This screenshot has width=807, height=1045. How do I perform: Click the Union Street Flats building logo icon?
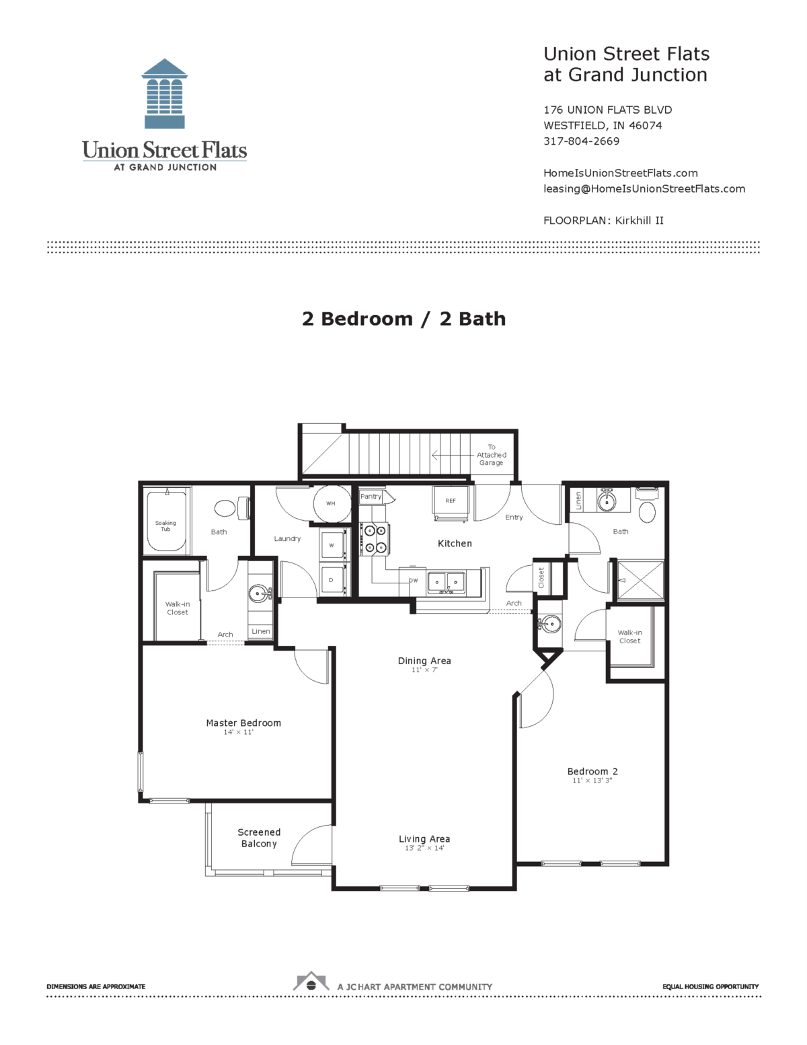pyautogui.click(x=165, y=94)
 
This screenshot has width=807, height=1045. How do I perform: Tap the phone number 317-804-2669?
pyautogui.click(x=581, y=141)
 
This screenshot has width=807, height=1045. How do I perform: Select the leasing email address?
pyautogui.click(x=644, y=189)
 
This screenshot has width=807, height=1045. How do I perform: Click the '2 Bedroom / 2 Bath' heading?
pyautogui.click(x=403, y=319)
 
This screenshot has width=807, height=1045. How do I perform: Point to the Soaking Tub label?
pyautogui.click(x=165, y=526)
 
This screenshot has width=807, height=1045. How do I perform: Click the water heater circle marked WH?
pyautogui.click(x=331, y=503)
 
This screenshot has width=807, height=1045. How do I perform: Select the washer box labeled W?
pyautogui.click(x=332, y=545)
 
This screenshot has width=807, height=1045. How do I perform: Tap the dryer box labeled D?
pyautogui.click(x=332, y=579)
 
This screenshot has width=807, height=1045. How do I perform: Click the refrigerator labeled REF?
pyautogui.click(x=451, y=501)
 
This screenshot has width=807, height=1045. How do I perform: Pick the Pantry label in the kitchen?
pyautogui.click(x=371, y=497)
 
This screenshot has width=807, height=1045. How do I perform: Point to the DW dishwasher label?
pyautogui.click(x=413, y=580)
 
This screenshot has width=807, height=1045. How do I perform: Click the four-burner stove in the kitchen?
pyautogui.click(x=375, y=539)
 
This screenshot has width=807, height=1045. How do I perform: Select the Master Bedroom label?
pyautogui.click(x=243, y=723)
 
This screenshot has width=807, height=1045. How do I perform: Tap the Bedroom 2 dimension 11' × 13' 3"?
pyautogui.click(x=592, y=781)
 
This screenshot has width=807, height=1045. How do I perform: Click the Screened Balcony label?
pyautogui.click(x=259, y=838)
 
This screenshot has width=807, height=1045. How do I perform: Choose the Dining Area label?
pyautogui.click(x=424, y=661)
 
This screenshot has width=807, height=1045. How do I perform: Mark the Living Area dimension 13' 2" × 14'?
pyautogui.click(x=424, y=849)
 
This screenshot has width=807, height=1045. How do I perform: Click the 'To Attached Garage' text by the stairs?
pyautogui.click(x=491, y=455)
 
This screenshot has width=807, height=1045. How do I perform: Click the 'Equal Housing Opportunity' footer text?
pyautogui.click(x=710, y=986)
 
